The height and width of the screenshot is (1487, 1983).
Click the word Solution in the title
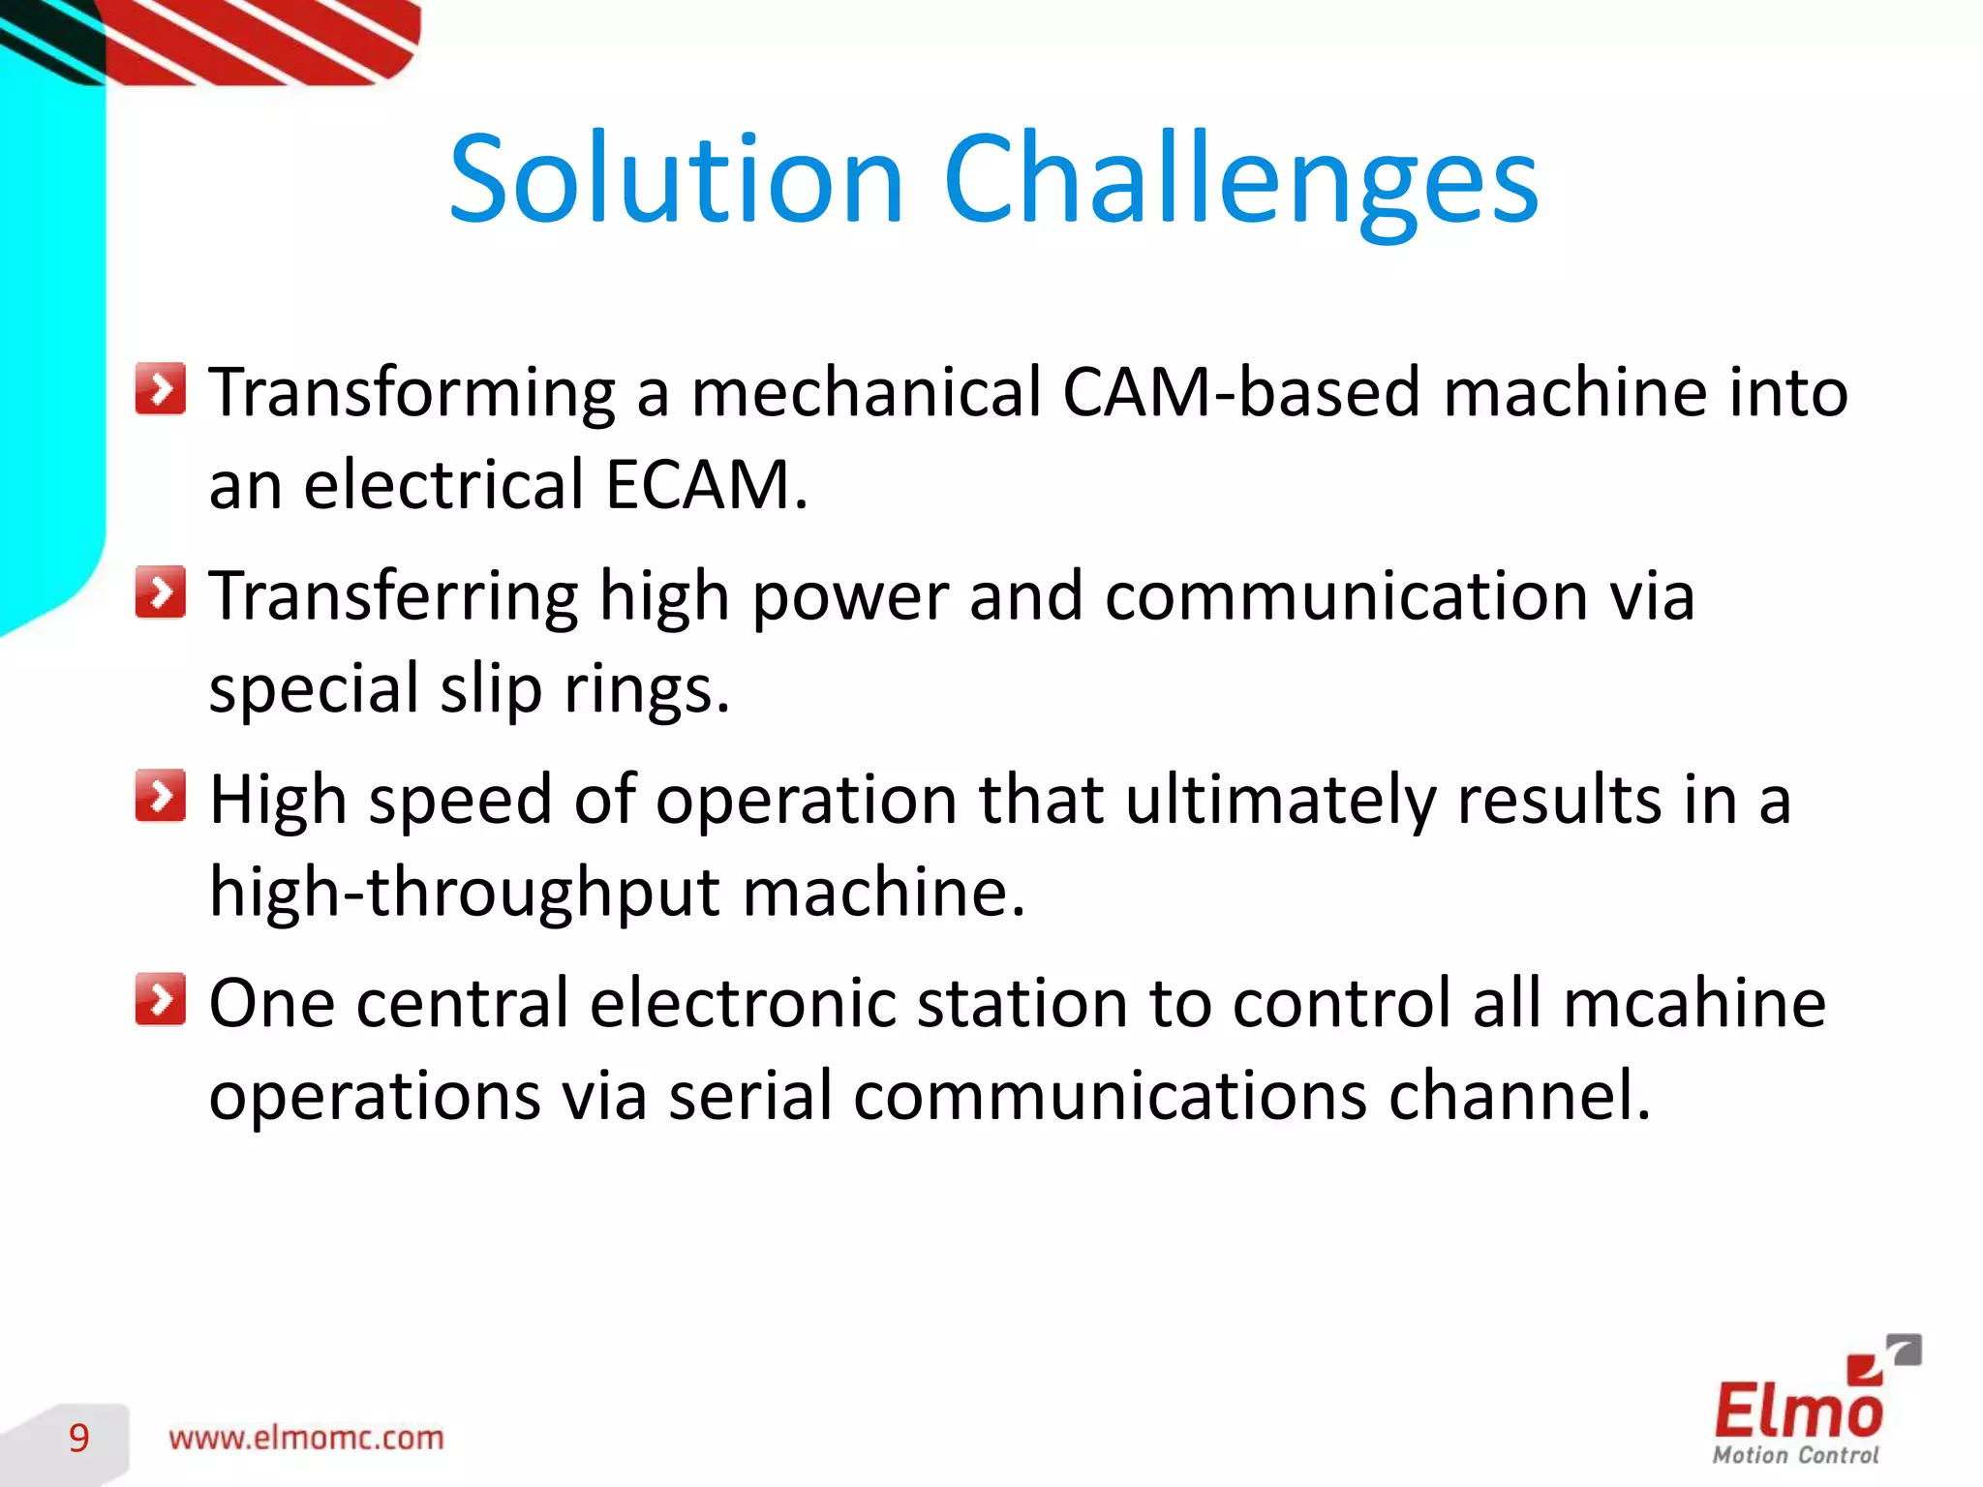(676, 179)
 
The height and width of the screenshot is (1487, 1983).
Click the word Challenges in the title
(1240, 179)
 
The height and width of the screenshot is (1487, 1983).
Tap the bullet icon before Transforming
(160, 389)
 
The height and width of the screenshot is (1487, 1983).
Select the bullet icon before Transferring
(160, 592)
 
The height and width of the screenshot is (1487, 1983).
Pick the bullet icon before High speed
(160, 796)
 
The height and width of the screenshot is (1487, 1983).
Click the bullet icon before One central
(160, 999)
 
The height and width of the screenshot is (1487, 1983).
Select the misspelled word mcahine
(1694, 1003)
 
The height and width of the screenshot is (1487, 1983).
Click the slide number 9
(79, 1439)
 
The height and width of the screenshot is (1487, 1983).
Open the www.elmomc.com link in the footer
(306, 1439)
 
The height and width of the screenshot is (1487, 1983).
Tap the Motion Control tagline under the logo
(1795, 1455)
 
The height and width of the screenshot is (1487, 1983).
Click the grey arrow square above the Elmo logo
(1905, 1350)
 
